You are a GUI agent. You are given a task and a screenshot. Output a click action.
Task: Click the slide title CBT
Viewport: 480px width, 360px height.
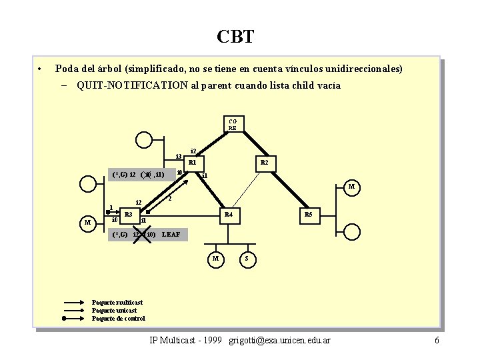tap(235, 36)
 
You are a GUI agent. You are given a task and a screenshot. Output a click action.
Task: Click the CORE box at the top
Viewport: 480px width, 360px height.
tap(233, 124)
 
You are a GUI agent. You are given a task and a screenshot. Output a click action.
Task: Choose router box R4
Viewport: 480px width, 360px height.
tap(229, 215)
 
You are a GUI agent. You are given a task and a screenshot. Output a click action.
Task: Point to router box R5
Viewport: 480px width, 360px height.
tap(308, 215)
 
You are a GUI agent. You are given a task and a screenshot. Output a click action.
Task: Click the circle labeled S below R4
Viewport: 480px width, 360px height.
tap(247, 259)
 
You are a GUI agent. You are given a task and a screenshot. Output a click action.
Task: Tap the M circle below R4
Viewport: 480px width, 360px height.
tap(215, 259)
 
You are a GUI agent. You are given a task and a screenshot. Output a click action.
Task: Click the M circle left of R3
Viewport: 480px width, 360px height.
tap(87, 222)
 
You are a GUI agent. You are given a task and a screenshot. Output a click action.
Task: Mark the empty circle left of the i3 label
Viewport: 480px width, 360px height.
tap(144, 140)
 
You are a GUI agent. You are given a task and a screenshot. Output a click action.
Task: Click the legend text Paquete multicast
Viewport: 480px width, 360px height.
tap(117, 303)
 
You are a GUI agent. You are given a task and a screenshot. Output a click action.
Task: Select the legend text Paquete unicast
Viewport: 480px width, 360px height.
tap(114, 311)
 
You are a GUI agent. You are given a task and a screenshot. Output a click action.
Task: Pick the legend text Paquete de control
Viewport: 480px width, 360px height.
tap(118, 319)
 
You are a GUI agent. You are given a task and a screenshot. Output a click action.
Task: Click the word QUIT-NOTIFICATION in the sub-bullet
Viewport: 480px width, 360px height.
tap(132, 85)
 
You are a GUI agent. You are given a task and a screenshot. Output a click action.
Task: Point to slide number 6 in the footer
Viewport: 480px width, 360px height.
tap(437, 341)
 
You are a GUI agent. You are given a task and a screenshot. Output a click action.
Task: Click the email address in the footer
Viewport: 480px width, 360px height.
tap(279, 341)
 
